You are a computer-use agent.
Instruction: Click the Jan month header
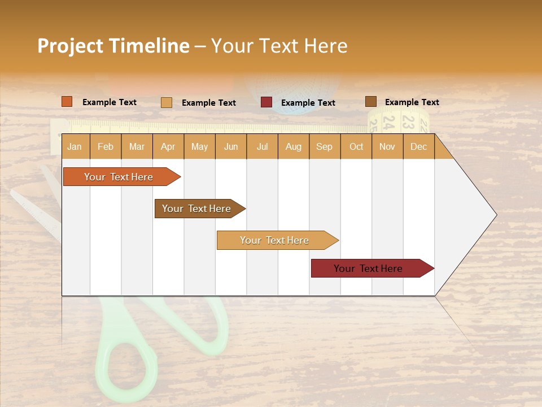tap(75, 146)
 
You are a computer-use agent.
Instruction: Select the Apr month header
tap(168, 146)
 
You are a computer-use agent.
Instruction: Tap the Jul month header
tap(262, 146)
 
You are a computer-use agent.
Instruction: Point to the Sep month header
tap(324, 146)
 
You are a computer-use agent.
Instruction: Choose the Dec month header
tap(418, 146)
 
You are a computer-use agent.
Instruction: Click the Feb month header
tap(106, 146)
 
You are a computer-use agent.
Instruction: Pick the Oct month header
tap(356, 146)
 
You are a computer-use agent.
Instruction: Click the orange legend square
tap(67, 102)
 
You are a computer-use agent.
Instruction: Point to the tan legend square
tap(167, 102)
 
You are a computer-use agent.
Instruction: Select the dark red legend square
tap(266, 102)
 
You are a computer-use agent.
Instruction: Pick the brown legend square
tap(370, 102)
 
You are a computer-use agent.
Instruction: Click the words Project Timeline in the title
tap(113, 46)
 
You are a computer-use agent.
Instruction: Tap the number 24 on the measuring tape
tap(388, 120)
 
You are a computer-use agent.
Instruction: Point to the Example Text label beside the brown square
tap(412, 102)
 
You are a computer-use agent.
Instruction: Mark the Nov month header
tap(387, 146)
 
